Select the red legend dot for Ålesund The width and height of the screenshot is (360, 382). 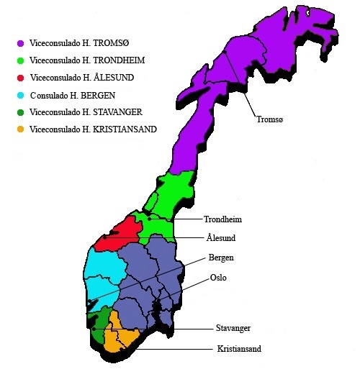point(22,78)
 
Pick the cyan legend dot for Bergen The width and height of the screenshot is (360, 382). point(22,95)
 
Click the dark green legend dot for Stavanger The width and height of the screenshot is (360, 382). point(22,112)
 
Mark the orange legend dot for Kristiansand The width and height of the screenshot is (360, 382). point(22,129)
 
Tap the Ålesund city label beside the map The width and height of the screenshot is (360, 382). point(221,238)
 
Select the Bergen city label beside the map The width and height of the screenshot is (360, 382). point(221,258)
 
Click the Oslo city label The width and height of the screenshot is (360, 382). point(217,277)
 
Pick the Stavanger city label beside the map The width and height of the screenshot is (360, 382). point(233,328)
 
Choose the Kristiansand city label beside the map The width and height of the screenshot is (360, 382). point(238,349)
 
